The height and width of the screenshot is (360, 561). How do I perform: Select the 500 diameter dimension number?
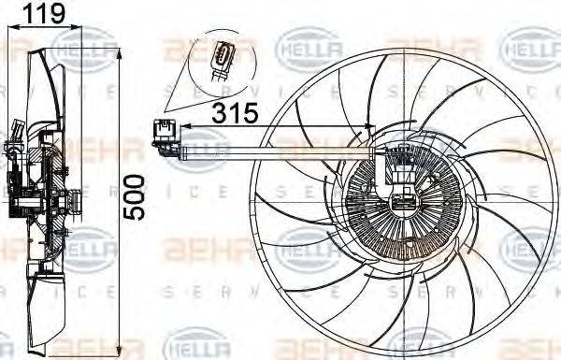tap(137, 194)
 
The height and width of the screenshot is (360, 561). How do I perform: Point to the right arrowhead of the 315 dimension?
tap(371, 126)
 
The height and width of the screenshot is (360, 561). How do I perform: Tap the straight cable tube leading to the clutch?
tap(280, 151)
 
